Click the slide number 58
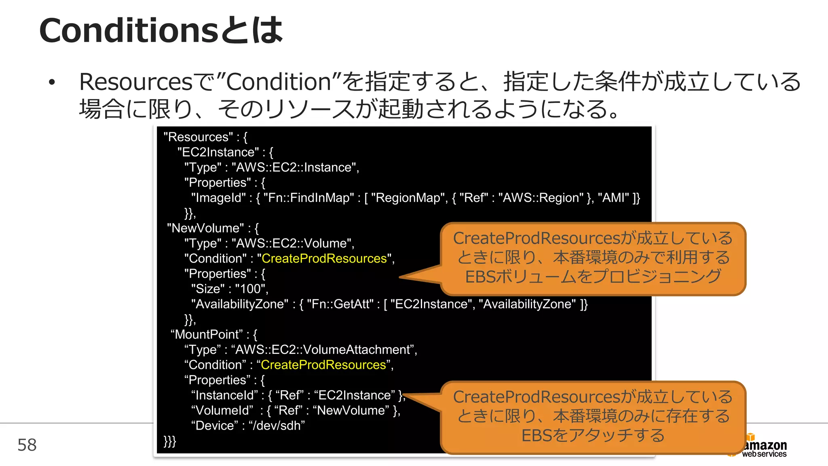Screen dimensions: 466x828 27,445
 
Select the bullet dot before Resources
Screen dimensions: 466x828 51,83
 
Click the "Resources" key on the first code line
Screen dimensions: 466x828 198,137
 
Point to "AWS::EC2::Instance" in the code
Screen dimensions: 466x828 294,167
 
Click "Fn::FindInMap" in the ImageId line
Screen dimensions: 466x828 308,198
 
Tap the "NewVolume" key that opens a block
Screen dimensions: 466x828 205,228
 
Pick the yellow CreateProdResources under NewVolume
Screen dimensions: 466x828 324,258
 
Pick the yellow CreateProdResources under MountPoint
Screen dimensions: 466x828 323,365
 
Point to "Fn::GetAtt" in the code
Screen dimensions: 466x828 340,304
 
